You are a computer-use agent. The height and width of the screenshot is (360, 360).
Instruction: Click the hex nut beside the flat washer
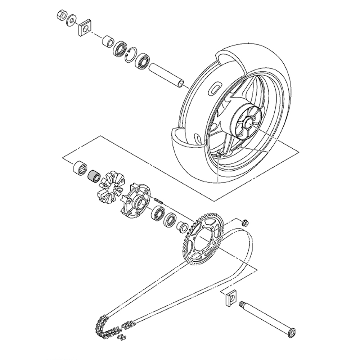[61, 15]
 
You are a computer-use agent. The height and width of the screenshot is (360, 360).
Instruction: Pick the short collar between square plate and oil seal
[107, 41]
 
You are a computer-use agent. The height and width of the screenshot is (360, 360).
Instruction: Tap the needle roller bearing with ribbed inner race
[80, 167]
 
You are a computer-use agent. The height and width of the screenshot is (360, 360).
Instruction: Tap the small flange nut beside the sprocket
[245, 222]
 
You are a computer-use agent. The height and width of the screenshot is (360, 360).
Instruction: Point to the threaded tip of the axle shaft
[242, 305]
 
